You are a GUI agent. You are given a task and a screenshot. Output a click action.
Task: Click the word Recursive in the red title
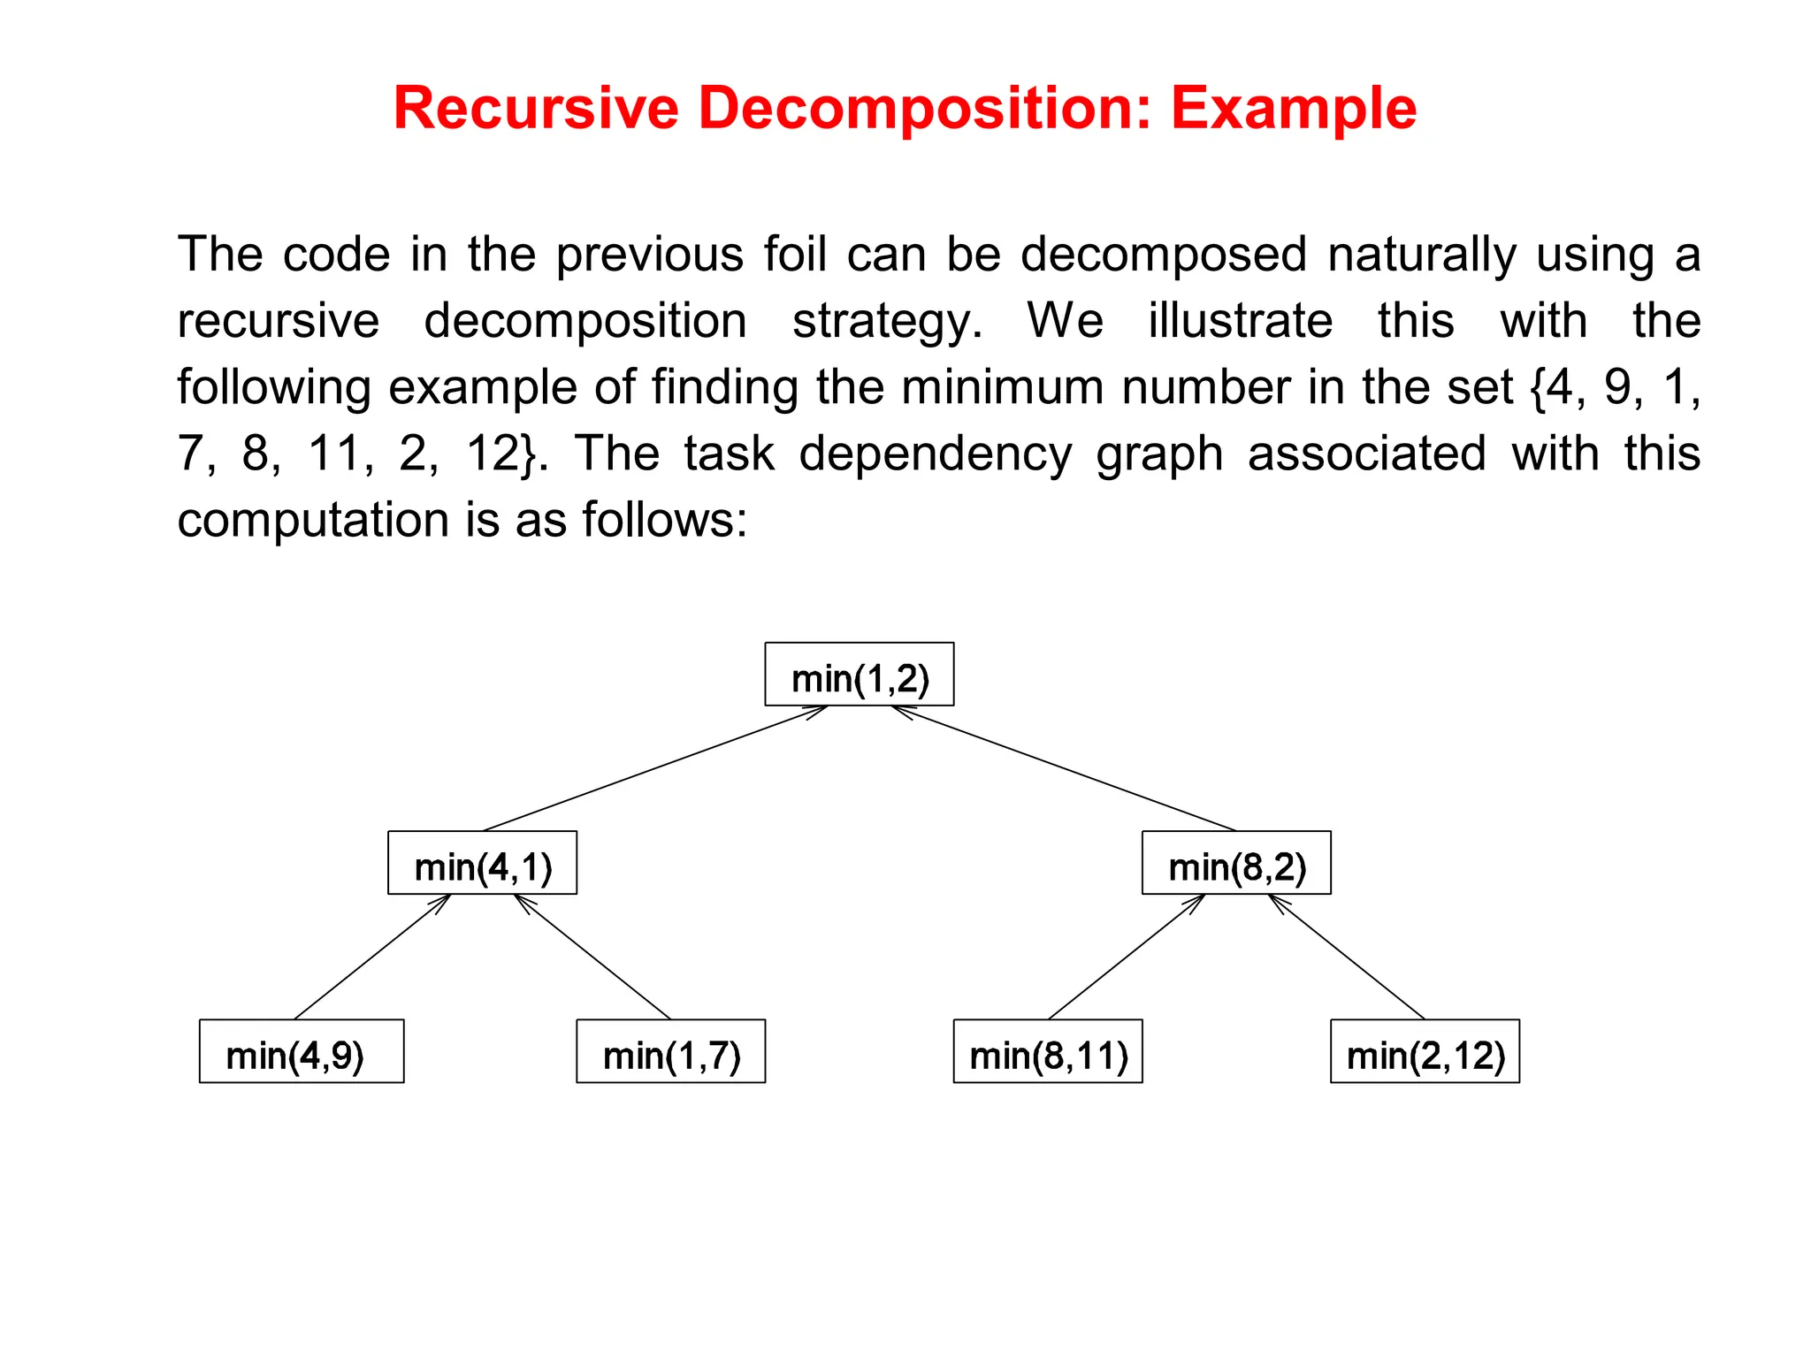click(x=536, y=109)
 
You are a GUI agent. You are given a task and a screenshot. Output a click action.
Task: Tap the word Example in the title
click(x=1294, y=109)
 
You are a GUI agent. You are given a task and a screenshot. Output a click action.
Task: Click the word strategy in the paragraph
click(x=886, y=321)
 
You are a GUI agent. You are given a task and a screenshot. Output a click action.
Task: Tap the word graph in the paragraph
click(x=1159, y=455)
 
